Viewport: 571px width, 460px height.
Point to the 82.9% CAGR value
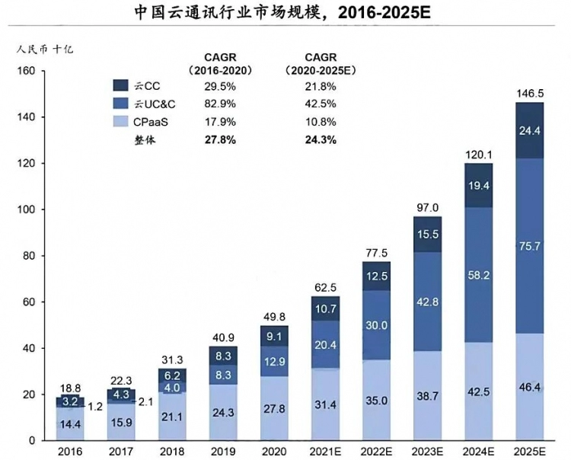pyautogui.click(x=220, y=104)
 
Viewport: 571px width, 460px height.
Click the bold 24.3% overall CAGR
pyautogui.click(x=321, y=139)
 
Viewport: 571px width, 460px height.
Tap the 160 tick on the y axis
pyautogui.click(x=27, y=71)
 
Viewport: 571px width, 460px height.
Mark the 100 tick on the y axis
pyautogui.click(x=27, y=209)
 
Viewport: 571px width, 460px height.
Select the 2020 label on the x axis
pyautogui.click(x=274, y=450)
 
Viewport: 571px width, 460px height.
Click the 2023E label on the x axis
pyautogui.click(x=427, y=450)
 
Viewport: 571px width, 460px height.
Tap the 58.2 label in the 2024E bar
pyautogui.click(x=478, y=272)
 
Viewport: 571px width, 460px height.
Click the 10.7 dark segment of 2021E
pyautogui.click(x=325, y=308)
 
